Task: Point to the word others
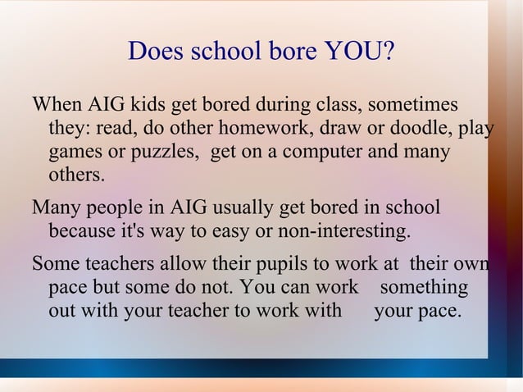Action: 76,175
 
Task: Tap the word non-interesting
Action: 343,231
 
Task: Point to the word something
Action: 424,289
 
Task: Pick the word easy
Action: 232,231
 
